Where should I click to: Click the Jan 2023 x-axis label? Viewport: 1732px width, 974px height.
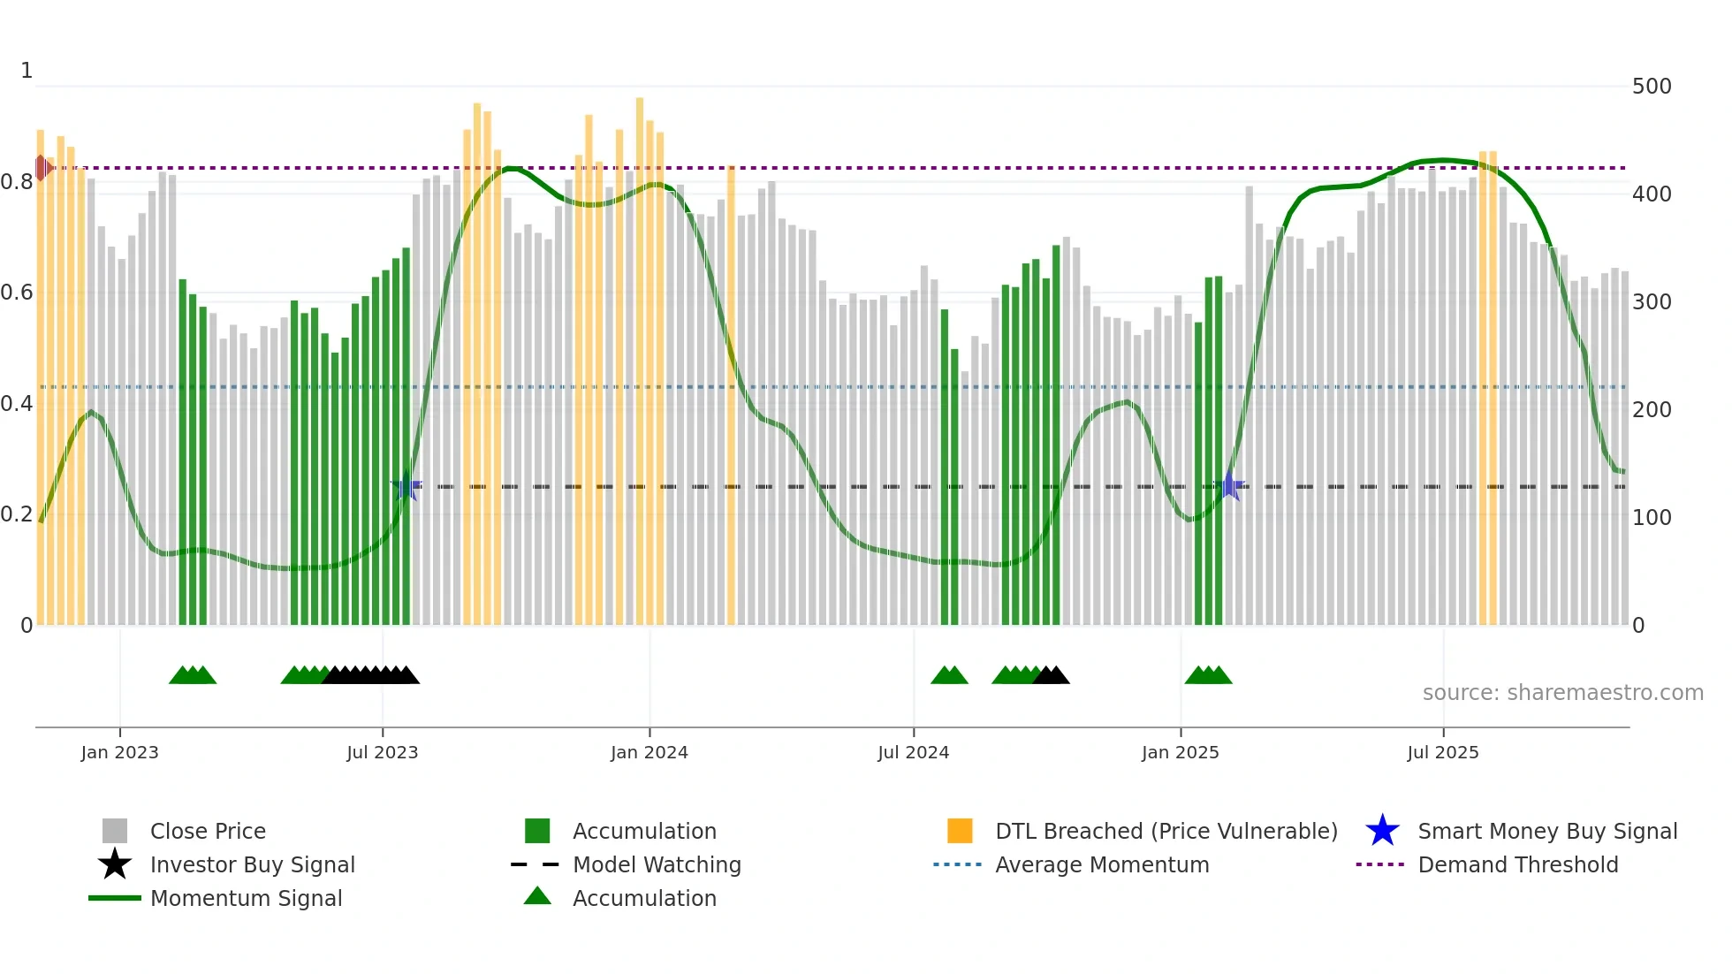click(119, 752)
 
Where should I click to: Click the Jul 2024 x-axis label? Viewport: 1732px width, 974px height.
click(913, 752)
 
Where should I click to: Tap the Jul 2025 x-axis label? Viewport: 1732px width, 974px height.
click(1442, 752)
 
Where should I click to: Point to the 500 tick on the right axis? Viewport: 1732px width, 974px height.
click(1651, 87)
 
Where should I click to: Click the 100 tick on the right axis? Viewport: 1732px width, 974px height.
click(1651, 518)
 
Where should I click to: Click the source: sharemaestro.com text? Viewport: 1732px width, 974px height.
click(1562, 693)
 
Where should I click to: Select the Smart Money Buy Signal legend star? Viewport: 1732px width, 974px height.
click(1382, 831)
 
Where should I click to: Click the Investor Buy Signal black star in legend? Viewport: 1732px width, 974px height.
click(115, 864)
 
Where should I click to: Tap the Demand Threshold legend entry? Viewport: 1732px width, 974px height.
click(1517, 864)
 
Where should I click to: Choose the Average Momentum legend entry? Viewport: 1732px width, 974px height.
click(1101, 864)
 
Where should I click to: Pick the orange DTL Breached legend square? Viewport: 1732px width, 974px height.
click(960, 831)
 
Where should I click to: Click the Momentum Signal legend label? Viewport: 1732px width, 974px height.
click(246, 898)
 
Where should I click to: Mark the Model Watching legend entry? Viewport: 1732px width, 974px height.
click(656, 864)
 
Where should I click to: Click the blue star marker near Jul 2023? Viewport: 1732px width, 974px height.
click(406, 486)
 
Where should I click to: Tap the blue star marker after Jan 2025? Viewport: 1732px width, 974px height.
click(1228, 486)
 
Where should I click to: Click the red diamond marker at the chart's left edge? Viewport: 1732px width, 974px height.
click(42, 167)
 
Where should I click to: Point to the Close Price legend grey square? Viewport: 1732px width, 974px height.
click(115, 831)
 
